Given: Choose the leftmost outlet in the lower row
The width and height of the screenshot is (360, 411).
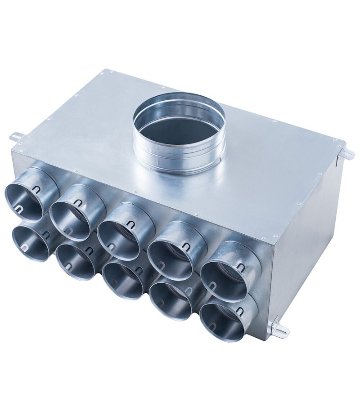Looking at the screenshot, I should (31, 243).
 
